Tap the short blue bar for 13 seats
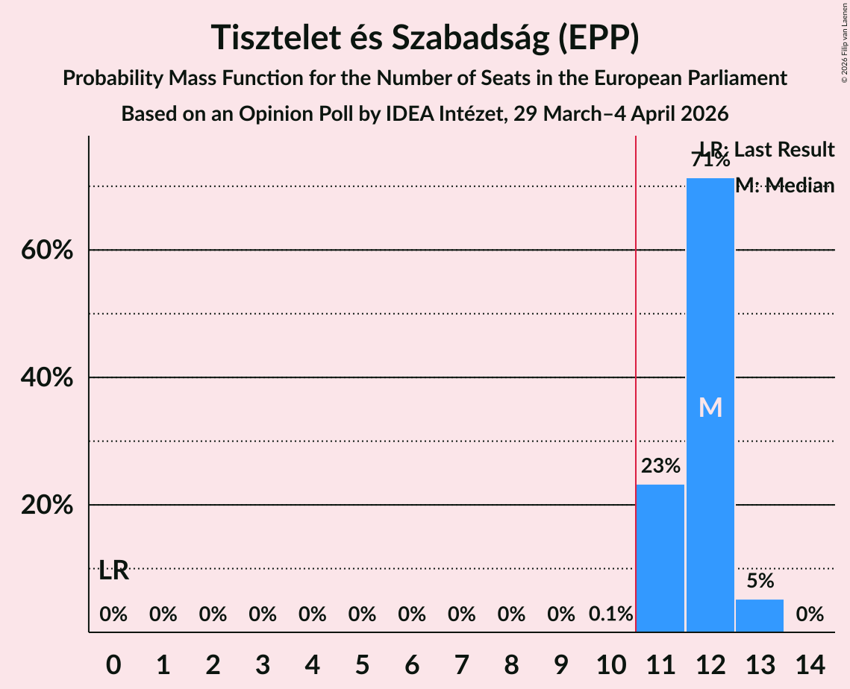click(x=760, y=616)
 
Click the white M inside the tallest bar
click(x=710, y=407)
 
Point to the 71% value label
click(x=710, y=160)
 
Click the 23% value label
click(x=660, y=467)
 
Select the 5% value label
click(x=760, y=581)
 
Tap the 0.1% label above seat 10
click(x=610, y=614)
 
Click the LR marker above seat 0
click(x=113, y=571)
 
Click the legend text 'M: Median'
click(x=784, y=186)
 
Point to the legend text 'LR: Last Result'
click(x=767, y=150)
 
